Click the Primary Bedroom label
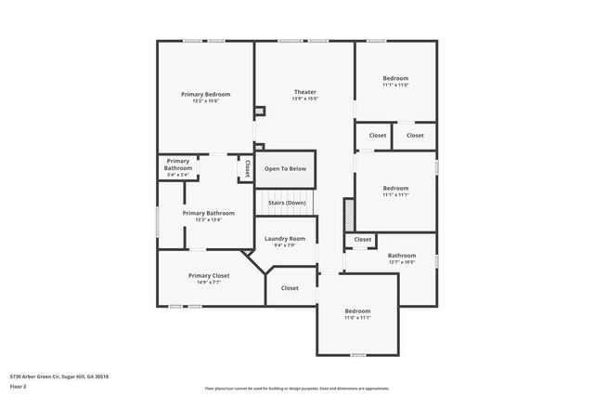click(x=206, y=94)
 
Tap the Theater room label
click(x=305, y=92)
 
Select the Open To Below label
click(x=286, y=169)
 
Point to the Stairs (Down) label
click(x=287, y=203)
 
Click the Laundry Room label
click(x=284, y=238)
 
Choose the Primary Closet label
click(x=209, y=275)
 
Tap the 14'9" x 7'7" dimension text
click(x=209, y=283)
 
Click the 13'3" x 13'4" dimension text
click(x=208, y=220)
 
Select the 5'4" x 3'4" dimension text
click(x=177, y=175)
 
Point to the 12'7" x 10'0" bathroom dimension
click(x=402, y=262)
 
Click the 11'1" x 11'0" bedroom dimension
click(x=395, y=86)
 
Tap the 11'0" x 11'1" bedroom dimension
click(x=357, y=318)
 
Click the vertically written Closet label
click(x=248, y=168)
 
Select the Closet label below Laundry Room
click(x=290, y=288)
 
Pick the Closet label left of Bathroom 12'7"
click(x=362, y=240)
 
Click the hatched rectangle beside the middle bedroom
click(x=349, y=213)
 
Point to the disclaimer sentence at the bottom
click(x=297, y=388)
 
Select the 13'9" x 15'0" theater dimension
click(x=305, y=99)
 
